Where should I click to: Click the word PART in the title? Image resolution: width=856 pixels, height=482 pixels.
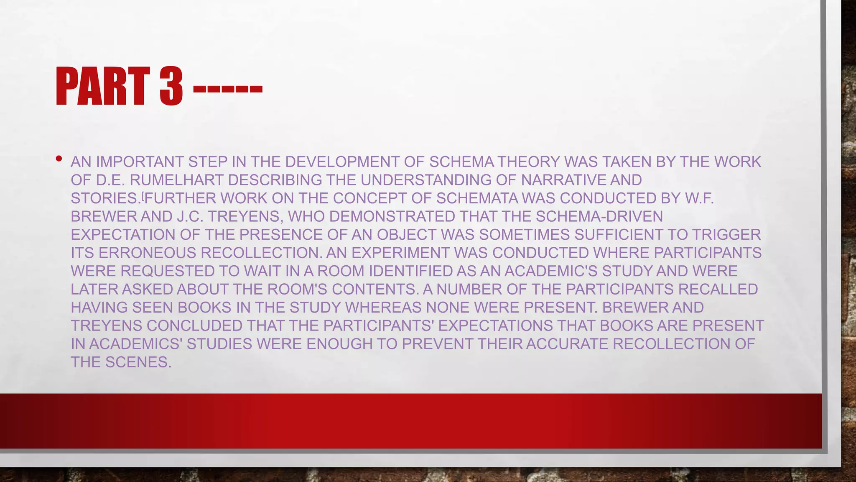click(103, 86)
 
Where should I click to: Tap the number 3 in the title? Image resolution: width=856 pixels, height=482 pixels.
click(171, 86)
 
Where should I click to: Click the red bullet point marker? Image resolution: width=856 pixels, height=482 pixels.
click(59, 159)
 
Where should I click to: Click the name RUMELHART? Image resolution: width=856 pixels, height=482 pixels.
click(177, 180)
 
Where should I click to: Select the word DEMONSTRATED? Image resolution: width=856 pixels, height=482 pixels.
click(392, 216)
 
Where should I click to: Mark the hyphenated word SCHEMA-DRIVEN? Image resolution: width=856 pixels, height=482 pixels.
click(599, 216)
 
